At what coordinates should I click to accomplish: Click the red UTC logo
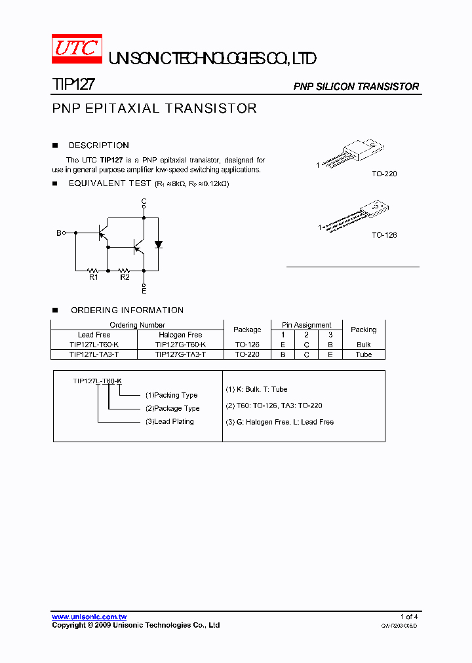(77, 49)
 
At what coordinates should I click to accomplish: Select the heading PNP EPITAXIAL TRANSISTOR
(154, 109)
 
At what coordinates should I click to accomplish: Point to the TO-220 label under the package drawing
(384, 174)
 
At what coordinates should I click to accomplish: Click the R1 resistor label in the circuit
(93, 277)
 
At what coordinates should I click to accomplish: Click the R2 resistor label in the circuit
(125, 277)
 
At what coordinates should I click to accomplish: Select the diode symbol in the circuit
(158, 245)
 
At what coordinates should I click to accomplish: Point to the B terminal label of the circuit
(58, 233)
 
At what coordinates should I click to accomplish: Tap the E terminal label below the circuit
(144, 290)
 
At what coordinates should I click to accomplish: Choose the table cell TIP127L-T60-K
(94, 345)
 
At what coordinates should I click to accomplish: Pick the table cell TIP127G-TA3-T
(180, 354)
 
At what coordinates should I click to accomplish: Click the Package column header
(247, 330)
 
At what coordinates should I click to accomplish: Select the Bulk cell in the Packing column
(364, 345)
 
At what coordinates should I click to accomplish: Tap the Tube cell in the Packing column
(364, 354)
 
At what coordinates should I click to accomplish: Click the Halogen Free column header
(180, 335)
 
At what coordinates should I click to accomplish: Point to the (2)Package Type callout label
(172, 408)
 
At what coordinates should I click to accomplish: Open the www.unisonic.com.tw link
(89, 617)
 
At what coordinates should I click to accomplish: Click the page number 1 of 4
(409, 617)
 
